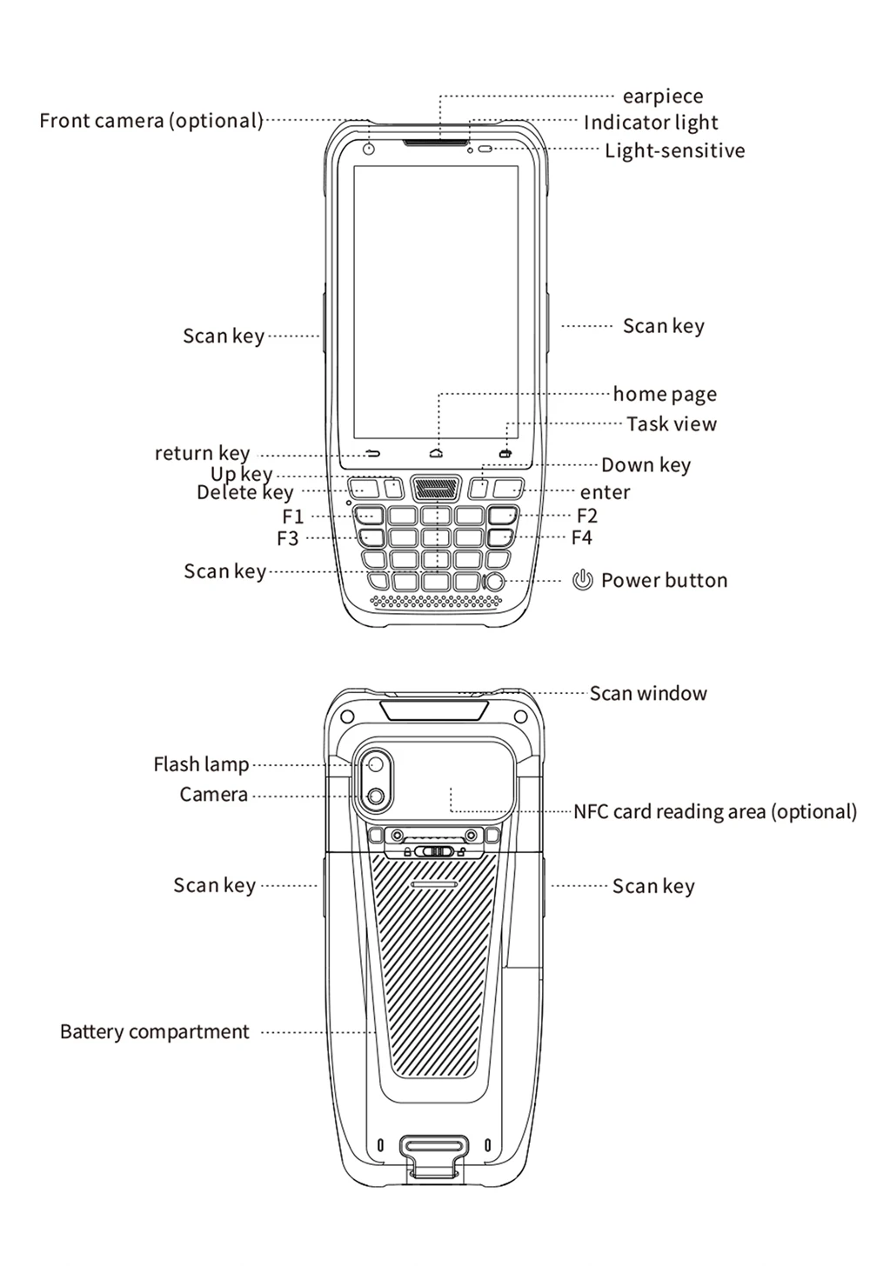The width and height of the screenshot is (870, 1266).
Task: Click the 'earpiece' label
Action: (x=662, y=97)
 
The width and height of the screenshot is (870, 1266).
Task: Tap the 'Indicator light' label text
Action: (x=651, y=123)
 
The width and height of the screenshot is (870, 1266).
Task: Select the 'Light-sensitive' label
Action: (x=674, y=150)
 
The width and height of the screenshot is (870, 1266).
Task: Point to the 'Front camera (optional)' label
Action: (x=151, y=121)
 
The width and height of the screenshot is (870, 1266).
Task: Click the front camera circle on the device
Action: (x=369, y=150)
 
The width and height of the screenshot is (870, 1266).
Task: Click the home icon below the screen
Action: (x=437, y=453)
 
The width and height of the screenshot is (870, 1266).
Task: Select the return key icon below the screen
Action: (x=373, y=453)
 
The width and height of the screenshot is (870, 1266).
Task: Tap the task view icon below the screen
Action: (x=505, y=453)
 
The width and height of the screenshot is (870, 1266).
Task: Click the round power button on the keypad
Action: (x=494, y=582)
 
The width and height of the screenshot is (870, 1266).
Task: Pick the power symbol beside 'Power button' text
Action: (x=582, y=580)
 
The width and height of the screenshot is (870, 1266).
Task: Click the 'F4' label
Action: (x=581, y=537)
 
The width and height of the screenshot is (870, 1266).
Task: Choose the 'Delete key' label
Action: (x=244, y=493)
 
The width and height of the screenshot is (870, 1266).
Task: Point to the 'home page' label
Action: (x=665, y=395)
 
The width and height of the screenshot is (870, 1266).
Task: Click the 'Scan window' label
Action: (x=648, y=694)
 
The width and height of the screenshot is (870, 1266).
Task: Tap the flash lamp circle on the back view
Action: (x=376, y=764)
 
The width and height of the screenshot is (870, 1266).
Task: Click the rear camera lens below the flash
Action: (x=376, y=796)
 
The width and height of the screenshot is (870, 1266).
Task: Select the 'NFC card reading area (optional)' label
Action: (x=715, y=812)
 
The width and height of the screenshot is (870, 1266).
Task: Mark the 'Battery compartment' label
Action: (x=155, y=1032)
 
